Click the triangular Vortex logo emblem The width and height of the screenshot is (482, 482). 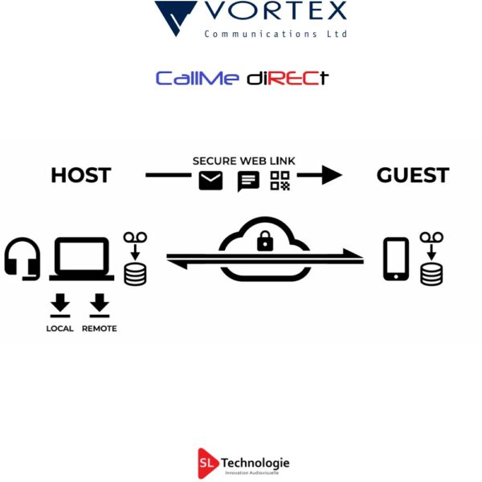pyautogui.click(x=176, y=17)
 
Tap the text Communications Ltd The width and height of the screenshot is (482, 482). pyautogui.click(x=276, y=34)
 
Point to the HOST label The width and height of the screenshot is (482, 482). pyautogui.click(x=80, y=175)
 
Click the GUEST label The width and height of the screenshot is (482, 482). pyautogui.click(x=413, y=175)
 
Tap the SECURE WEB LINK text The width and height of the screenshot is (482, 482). pyautogui.click(x=243, y=161)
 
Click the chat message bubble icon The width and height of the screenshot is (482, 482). pyautogui.click(x=248, y=182)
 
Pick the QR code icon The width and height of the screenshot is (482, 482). pyautogui.click(x=280, y=181)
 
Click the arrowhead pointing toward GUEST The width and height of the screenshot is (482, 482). pyautogui.click(x=331, y=175)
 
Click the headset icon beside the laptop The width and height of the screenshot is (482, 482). pyautogui.click(x=22, y=259)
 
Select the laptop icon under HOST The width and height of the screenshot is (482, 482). pyautogui.click(x=81, y=259)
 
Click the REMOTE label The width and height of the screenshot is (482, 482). pyautogui.click(x=100, y=329)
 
